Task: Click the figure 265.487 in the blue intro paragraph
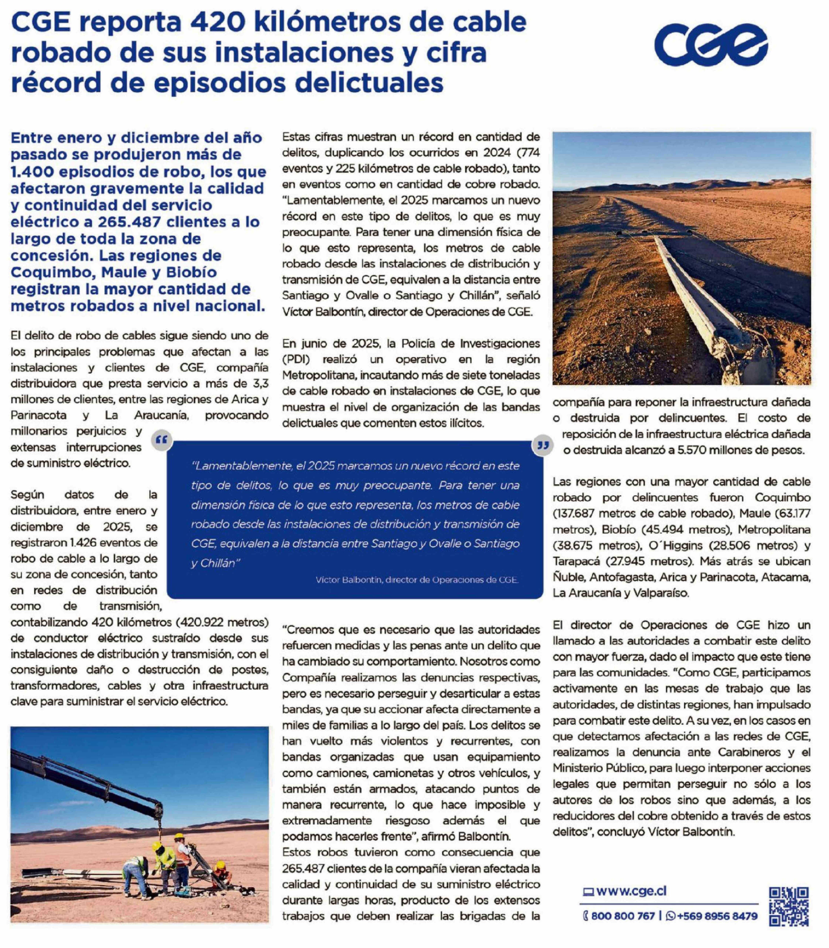(x=126, y=222)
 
